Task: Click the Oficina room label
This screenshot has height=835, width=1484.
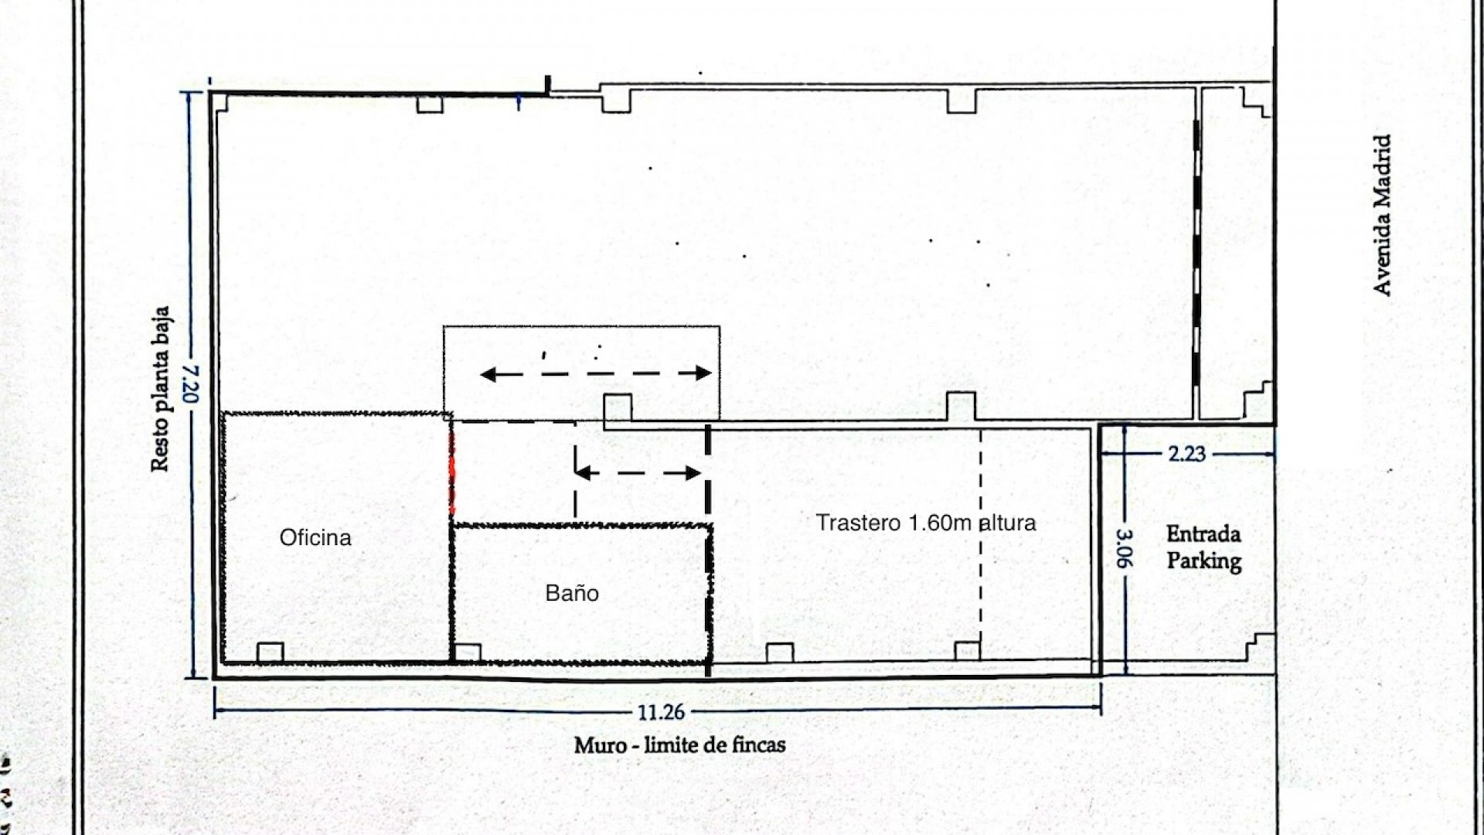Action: (315, 537)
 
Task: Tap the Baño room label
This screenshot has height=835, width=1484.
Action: (572, 593)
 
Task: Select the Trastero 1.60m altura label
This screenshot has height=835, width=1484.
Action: (926, 523)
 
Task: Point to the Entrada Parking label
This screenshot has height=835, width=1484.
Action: (1203, 547)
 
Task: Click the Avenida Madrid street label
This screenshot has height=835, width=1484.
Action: (1382, 215)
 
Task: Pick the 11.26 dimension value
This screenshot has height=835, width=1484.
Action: (662, 711)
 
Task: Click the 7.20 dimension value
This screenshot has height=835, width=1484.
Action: (191, 383)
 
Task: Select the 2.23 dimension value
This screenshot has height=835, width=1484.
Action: (1186, 454)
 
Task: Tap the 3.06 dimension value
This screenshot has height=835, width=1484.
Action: (1125, 548)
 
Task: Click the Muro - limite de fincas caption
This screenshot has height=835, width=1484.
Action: (679, 745)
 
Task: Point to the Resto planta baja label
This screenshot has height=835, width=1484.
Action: (160, 388)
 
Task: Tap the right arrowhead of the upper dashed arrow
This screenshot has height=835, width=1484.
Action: (703, 373)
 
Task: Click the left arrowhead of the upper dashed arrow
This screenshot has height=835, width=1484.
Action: (488, 375)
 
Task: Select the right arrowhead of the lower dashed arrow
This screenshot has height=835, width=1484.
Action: (693, 473)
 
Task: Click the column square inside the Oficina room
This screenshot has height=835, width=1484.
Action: (270, 652)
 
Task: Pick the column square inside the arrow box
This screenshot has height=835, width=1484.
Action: (618, 407)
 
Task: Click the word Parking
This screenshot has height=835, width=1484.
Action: (1204, 561)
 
